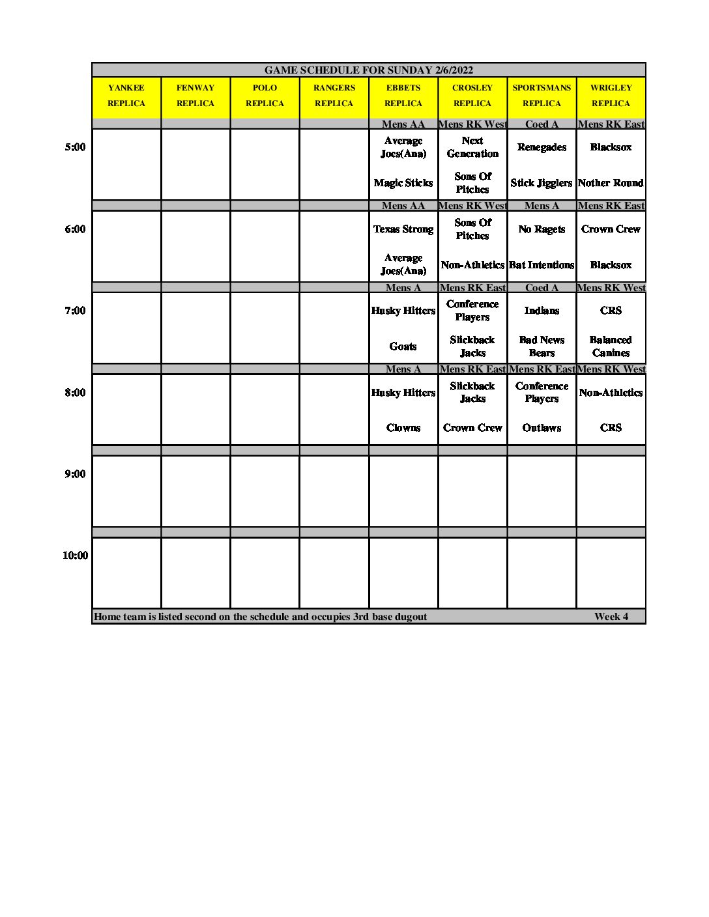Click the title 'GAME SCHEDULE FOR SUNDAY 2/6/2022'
click(368, 70)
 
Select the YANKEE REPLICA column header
click(126, 96)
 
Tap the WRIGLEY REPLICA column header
click(611, 96)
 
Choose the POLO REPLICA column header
click(265, 96)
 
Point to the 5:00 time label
click(75, 147)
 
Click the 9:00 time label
click(75, 474)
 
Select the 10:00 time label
click(75, 556)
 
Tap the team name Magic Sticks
click(403, 183)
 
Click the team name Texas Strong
click(403, 229)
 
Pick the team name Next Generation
click(472, 147)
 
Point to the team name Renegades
click(542, 147)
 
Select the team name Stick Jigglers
click(542, 183)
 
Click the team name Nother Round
click(611, 183)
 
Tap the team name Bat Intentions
click(542, 265)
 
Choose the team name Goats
click(403, 346)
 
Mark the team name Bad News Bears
click(542, 346)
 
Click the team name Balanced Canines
click(611, 346)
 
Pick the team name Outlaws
click(542, 428)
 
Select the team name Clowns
click(403, 428)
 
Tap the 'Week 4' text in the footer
click(611, 617)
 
